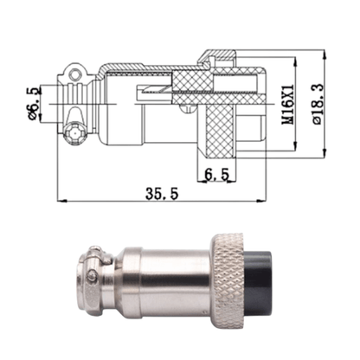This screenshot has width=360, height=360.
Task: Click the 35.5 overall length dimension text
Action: tap(162, 195)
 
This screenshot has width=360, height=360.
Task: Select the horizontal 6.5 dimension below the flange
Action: tap(216, 174)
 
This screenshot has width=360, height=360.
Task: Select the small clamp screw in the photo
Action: tap(93, 277)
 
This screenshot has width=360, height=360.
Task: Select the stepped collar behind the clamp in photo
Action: tap(112, 280)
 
